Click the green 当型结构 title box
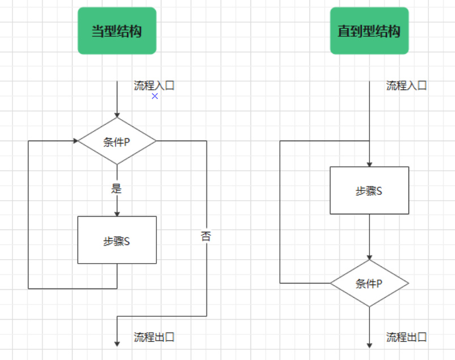117,31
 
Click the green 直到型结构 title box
369,31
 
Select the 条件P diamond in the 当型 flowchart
117,141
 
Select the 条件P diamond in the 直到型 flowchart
369,283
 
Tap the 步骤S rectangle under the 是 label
117,240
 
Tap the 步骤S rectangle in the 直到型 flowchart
369,190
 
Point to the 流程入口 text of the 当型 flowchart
154,86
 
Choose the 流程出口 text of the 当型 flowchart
154,337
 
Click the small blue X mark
155,96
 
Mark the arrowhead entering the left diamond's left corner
75,141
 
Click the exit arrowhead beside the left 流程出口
117,343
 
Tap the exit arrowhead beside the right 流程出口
369,344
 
